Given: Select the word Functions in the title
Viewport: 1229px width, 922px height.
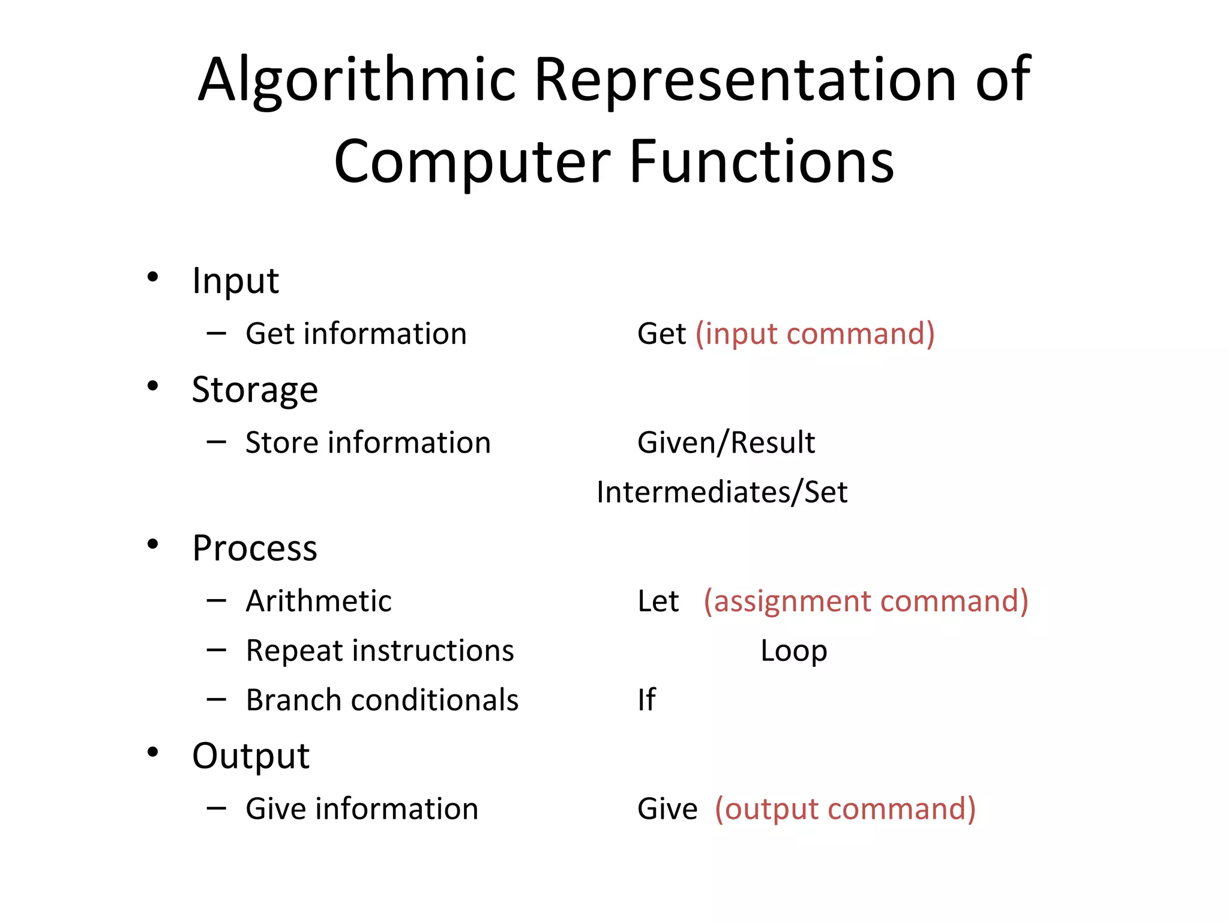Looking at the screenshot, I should click(x=762, y=162).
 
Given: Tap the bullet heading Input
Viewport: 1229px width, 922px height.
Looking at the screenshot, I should click(x=235, y=280).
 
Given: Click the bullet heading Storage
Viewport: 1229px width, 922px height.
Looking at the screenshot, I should click(x=254, y=390).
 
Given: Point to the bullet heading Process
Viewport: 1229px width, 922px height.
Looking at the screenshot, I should click(x=254, y=549).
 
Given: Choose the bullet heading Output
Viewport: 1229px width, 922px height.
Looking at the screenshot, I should click(x=251, y=756).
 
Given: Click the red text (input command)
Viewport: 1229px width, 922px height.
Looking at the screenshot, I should click(x=815, y=334).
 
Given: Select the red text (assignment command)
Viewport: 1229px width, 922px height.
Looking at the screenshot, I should click(x=865, y=601).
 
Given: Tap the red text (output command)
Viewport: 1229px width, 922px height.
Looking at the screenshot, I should click(x=845, y=809).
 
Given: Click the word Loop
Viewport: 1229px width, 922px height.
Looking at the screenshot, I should click(x=793, y=651).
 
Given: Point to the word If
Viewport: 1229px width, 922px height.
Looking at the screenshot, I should click(x=646, y=700).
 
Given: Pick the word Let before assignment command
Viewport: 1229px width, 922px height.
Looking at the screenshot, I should click(x=658, y=601).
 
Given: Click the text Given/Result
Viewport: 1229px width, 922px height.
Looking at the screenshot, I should click(x=726, y=443).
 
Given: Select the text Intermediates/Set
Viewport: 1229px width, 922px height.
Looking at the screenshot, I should click(x=721, y=493).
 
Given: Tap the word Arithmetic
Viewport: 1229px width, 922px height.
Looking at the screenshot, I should click(x=319, y=601).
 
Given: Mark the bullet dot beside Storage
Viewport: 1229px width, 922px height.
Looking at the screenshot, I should click(x=152, y=386).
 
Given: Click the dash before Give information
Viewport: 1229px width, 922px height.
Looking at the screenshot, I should click(x=216, y=809).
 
